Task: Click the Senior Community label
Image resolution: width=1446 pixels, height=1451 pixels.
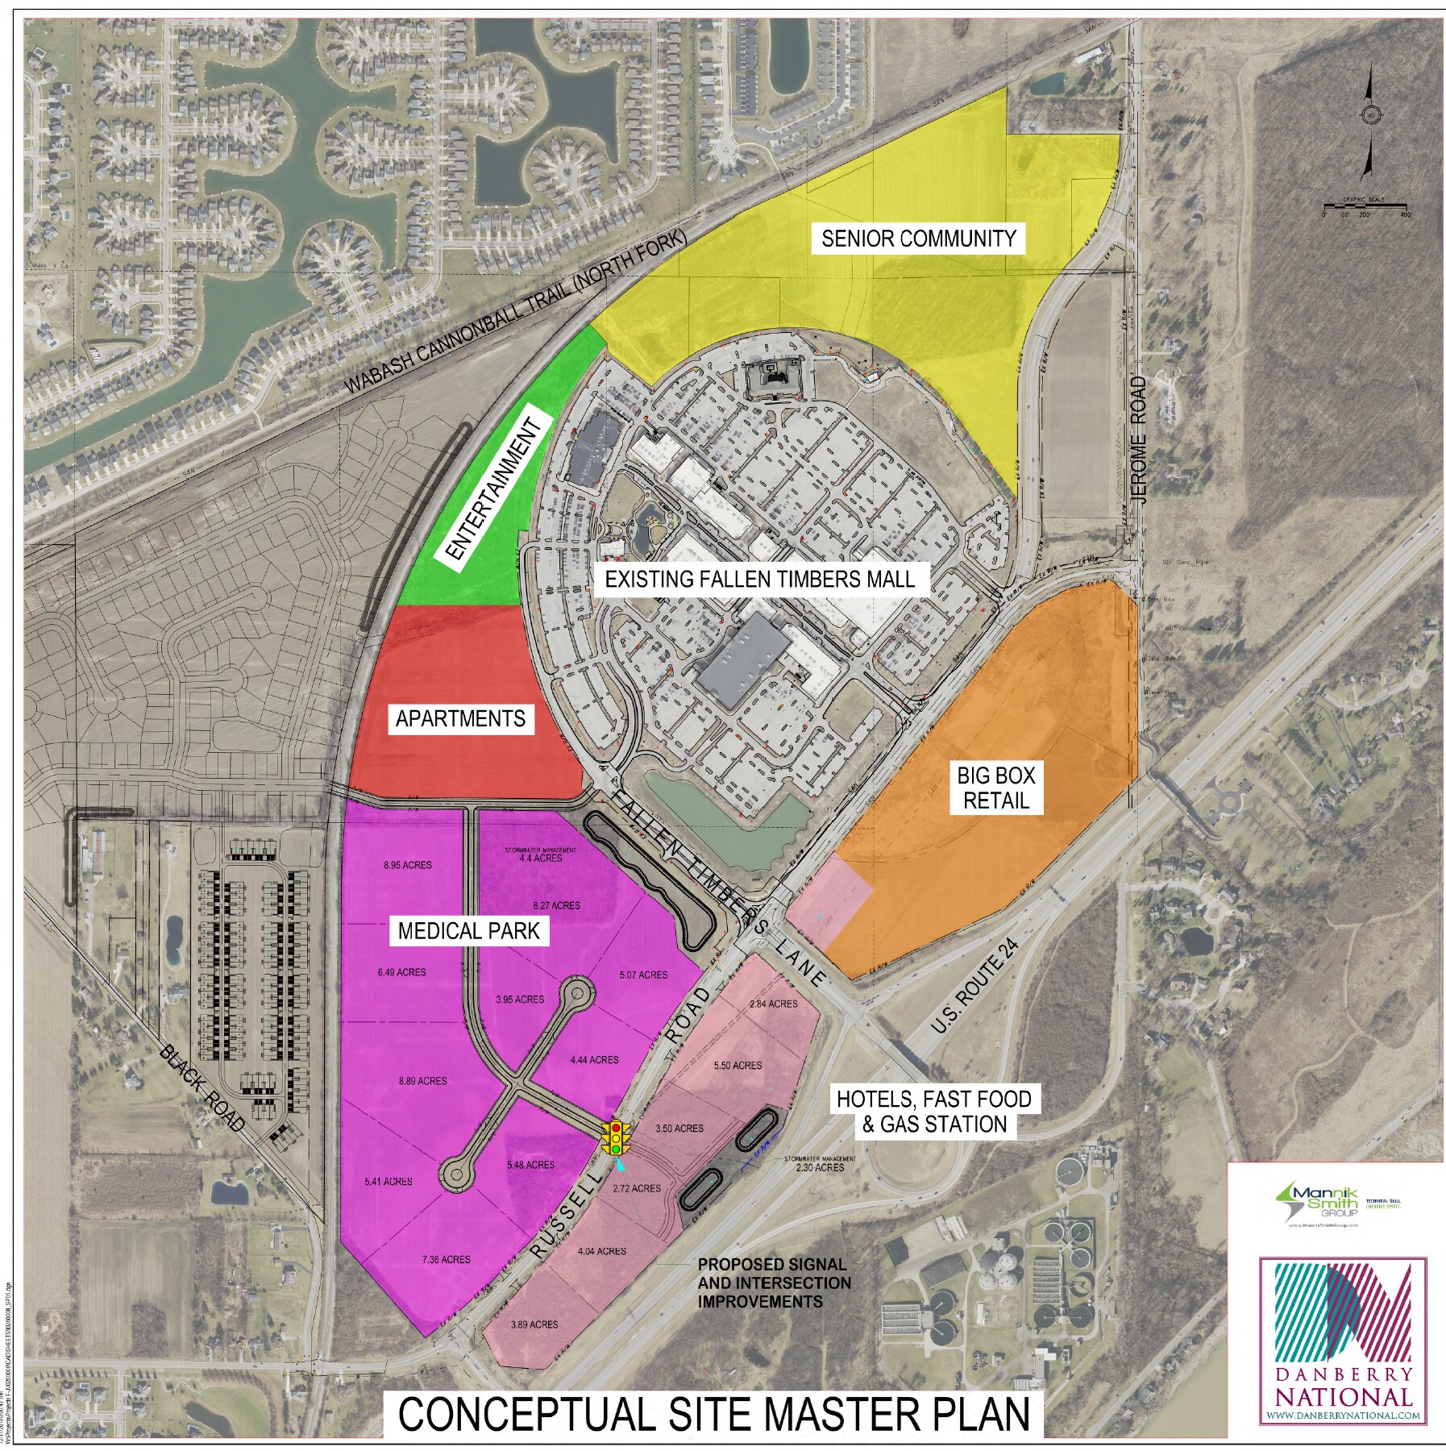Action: (x=918, y=239)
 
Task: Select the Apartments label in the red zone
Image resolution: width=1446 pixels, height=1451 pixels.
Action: (x=460, y=718)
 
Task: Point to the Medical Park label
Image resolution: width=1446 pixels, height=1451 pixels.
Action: (x=468, y=931)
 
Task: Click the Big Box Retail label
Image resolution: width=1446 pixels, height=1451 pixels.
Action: (x=995, y=788)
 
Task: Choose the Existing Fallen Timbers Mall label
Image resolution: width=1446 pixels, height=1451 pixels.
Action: (x=759, y=579)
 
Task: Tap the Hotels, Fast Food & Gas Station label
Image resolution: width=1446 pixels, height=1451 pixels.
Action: (x=933, y=1112)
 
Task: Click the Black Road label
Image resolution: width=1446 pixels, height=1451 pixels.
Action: (x=202, y=1088)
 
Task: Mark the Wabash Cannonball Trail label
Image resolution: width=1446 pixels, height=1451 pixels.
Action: (x=517, y=312)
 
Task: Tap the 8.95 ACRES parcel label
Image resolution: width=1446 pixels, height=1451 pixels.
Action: (x=408, y=865)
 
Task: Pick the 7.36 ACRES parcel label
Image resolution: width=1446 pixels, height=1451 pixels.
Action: (x=446, y=1260)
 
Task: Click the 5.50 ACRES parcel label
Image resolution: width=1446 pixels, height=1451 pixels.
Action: (x=738, y=1066)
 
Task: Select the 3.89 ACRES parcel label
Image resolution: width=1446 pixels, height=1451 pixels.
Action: (x=534, y=1324)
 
